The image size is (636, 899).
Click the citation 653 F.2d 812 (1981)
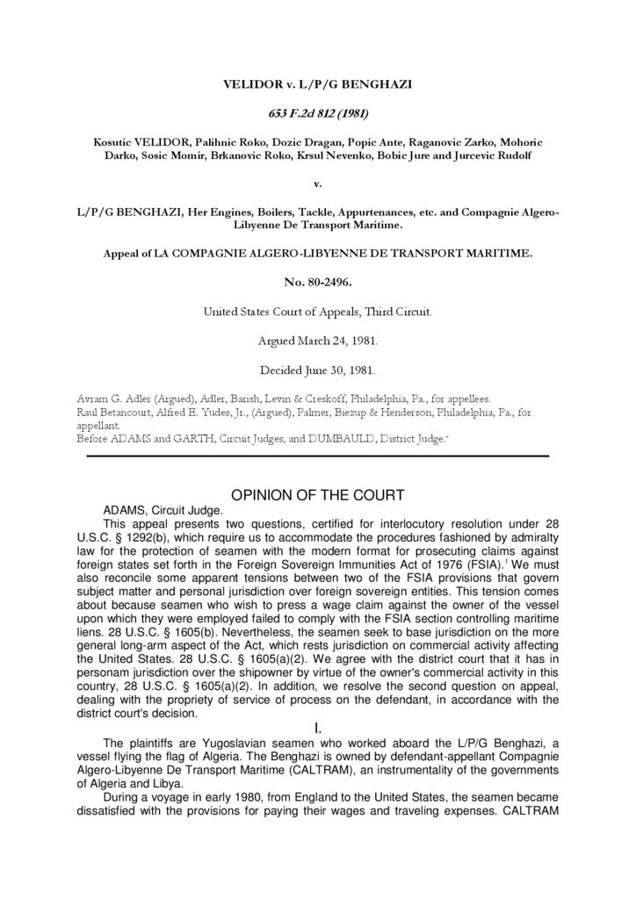tap(317, 112)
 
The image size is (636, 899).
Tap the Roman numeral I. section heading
tap(317, 729)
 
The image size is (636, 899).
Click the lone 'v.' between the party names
tap(317, 184)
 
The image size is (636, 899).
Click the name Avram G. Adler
tap(118, 398)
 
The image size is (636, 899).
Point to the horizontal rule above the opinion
tap(317, 456)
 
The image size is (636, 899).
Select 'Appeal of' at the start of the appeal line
tap(129, 253)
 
